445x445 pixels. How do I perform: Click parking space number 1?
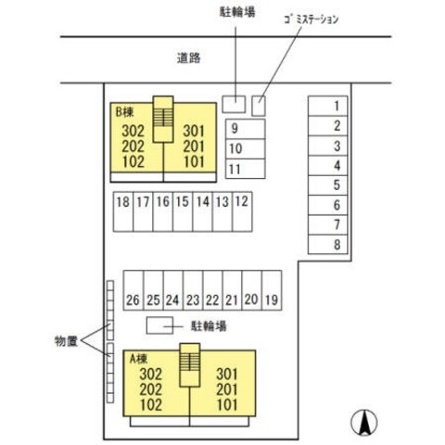(x=328, y=106)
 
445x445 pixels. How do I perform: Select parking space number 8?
(x=328, y=245)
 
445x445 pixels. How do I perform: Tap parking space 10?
(x=246, y=148)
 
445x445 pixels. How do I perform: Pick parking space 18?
(x=123, y=211)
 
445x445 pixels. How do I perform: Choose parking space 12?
(x=242, y=211)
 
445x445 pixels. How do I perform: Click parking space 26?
(x=133, y=290)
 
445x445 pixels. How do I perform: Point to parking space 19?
(x=272, y=290)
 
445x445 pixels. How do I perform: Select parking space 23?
(x=193, y=290)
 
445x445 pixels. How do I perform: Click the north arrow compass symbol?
(x=364, y=423)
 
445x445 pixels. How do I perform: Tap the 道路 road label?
(x=189, y=57)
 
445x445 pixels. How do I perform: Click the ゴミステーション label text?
(x=311, y=19)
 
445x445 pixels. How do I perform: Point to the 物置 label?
(x=66, y=341)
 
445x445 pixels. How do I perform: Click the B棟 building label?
(x=124, y=112)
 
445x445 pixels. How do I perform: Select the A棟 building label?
(x=138, y=359)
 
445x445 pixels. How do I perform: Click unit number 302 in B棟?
(x=133, y=131)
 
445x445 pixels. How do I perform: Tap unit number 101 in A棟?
(x=227, y=405)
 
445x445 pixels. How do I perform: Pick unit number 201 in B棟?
(x=194, y=146)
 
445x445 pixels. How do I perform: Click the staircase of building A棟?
(x=190, y=365)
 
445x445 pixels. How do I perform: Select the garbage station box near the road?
(x=259, y=106)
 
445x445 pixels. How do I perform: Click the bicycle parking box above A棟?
(x=159, y=325)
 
